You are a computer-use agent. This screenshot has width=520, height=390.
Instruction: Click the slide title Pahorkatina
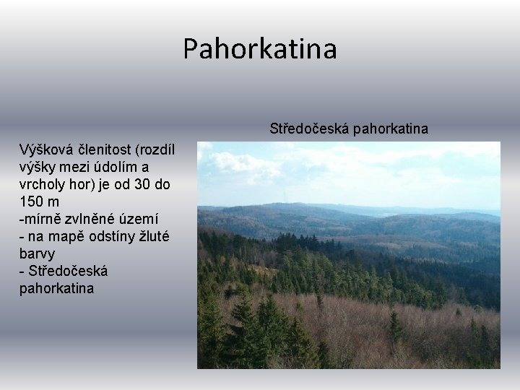(x=259, y=49)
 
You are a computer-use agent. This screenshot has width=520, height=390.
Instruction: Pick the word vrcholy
(x=43, y=184)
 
